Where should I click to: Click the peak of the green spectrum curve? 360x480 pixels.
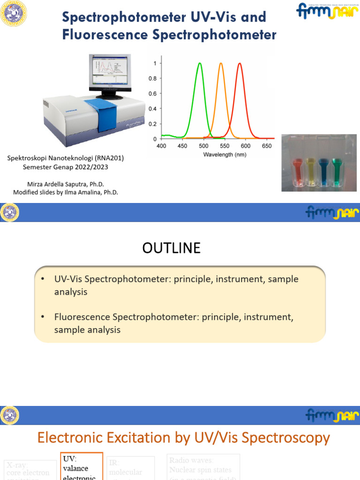tap(200, 64)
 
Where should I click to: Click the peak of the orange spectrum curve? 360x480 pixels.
tap(221, 64)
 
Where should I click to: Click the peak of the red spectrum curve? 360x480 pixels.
tap(240, 64)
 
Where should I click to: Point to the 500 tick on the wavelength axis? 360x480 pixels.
tap(204, 146)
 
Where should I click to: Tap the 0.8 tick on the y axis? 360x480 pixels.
tap(153, 78)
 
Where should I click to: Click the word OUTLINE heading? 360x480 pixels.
tap(171, 248)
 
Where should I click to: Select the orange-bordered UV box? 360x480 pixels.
tap(82, 467)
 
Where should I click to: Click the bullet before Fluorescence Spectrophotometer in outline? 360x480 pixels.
tap(43, 317)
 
